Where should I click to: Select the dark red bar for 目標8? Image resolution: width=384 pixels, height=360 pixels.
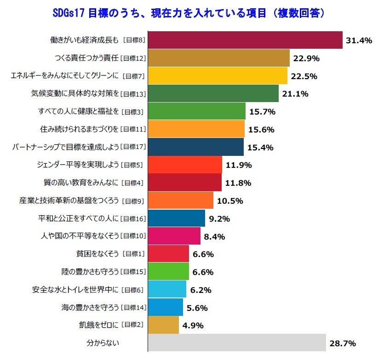tap(245, 40)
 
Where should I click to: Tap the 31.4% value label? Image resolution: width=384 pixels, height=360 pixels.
tap(359, 40)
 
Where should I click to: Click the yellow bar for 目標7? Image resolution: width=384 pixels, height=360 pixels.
tap(218, 76)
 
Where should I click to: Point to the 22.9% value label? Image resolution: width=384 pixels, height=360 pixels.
tap(306, 58)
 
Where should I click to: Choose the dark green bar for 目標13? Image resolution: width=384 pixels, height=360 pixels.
tap(213, 94)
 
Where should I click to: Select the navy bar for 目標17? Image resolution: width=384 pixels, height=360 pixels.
tap(196, 147)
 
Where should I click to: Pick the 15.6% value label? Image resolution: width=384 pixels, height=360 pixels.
tap(261, 130)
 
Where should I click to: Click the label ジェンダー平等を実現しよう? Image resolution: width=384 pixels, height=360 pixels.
tap(78, 165)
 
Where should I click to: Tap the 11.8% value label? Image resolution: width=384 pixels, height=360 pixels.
tap(238, 183)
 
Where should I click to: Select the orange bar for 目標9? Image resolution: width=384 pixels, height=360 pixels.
tap(181, 200)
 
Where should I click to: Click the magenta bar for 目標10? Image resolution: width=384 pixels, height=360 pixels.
tap(174, 236)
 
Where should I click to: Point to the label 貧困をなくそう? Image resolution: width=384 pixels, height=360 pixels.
tap(99, 254)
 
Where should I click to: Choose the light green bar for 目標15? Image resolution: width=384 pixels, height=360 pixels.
tap(168, 272)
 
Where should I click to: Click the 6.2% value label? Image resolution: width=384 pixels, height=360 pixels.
tap(201, 290)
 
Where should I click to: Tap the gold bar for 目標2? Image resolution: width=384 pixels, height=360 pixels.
tap(163, 325)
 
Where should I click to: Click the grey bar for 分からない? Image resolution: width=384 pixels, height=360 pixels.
tap(237, 343)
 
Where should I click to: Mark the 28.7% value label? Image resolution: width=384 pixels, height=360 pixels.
tap(342, 343)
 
